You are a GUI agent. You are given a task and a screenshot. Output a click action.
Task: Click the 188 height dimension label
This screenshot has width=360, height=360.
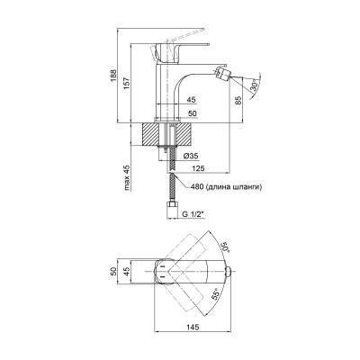coord(112,76)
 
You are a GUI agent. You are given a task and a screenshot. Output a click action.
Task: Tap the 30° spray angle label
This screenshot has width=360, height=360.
coord(255,86)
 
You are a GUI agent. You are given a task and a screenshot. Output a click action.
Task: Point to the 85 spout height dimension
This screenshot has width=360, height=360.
coord(238,101)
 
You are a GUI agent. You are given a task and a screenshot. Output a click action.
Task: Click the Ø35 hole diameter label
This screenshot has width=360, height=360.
coord(191,156)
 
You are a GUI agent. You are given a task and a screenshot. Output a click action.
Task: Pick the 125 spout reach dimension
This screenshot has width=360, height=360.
coord(198,168)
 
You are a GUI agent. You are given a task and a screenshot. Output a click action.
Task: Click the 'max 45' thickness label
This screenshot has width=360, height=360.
coord(127,178)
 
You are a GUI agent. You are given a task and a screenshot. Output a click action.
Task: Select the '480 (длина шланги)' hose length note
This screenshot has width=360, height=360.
coord(226,187)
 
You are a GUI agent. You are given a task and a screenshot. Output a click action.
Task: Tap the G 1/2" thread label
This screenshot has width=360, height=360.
coord(193,214)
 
